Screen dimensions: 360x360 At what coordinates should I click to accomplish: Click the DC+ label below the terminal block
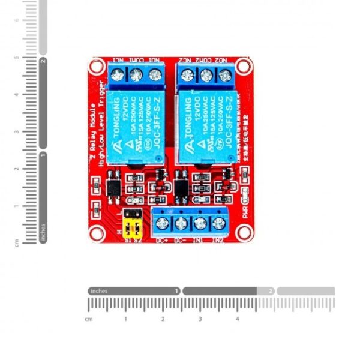[x=161, y=241]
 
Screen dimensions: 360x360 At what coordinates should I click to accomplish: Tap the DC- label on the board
[x=180, y=241]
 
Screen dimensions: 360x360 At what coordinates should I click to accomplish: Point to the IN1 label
[x=200, y=241]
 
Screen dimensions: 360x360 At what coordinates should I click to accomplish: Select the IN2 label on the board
[x=218, y=241]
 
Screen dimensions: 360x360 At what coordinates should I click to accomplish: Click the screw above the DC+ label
[x=161, y=224]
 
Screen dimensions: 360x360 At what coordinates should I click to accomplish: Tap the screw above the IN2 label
[x=219, y=224]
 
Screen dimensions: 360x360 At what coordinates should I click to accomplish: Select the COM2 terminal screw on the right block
[x=206, y=75]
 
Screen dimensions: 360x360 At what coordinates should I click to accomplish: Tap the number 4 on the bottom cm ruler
[x=237, y=319]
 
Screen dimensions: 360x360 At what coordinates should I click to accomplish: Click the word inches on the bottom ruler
[x=99, y=291]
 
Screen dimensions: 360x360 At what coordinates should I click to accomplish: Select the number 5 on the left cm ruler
[x=17, y=58]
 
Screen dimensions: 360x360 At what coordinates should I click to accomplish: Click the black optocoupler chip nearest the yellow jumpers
[x=112, y=187]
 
